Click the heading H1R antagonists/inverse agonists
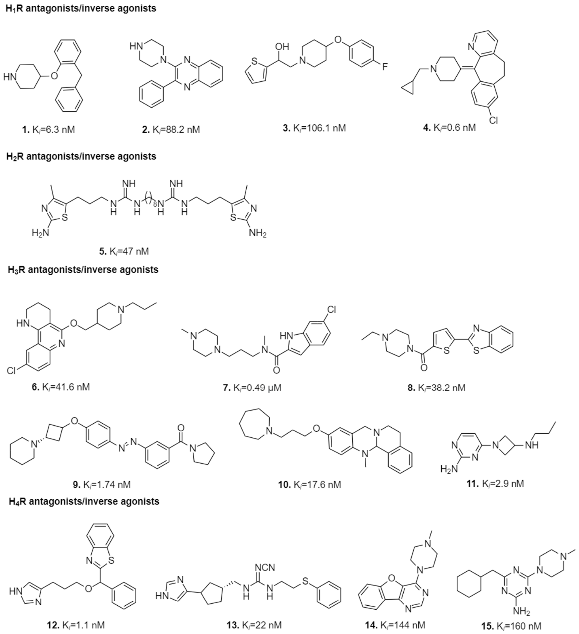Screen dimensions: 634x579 click(x=81, y=8)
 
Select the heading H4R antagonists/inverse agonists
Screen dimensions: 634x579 click(x=84, y=501)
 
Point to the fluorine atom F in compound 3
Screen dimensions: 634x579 click(x=385, y=67)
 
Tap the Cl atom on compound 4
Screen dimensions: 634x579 click(x=493, y=120)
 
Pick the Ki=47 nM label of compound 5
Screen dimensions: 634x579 click(x=124, y=251)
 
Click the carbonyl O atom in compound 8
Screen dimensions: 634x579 click(x=424, y=367)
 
